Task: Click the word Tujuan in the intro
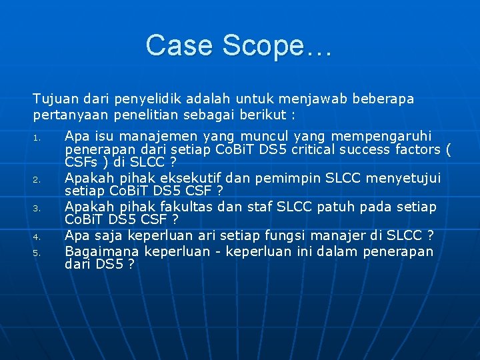pos(53,99)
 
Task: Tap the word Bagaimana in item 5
pos(102,251)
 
